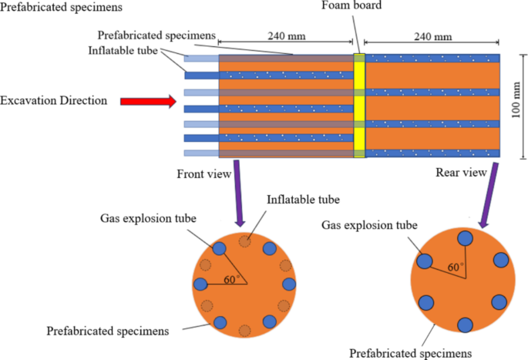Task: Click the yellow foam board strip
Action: click(358, 105)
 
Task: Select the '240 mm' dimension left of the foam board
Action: click(285, 35)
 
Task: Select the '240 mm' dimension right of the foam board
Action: click(432, 35)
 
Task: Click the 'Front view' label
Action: click(204, 174)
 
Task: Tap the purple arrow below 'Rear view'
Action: click(486, 199)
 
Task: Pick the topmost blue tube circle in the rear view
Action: click(464, 239)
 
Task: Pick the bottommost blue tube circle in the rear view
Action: click(465, 325)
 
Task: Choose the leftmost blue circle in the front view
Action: click(201, 284)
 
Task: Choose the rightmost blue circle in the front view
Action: click(289, 284)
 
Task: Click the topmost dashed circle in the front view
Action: click(245, 241)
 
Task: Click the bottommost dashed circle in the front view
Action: click(244, 330)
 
